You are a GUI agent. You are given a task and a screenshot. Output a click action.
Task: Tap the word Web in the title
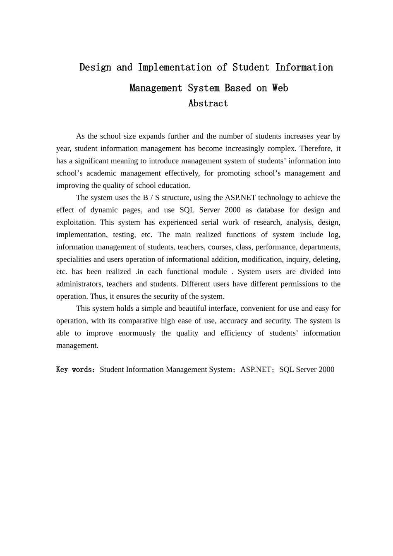point(280,88)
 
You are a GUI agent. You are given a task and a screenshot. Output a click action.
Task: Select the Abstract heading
point(208,103)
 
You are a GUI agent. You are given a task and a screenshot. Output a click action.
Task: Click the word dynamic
point(104,210)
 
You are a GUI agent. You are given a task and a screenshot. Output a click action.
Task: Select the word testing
point(124,235)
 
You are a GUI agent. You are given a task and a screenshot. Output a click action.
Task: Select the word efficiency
point(236,333)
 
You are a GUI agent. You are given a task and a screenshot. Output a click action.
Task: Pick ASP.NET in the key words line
point(256,370)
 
